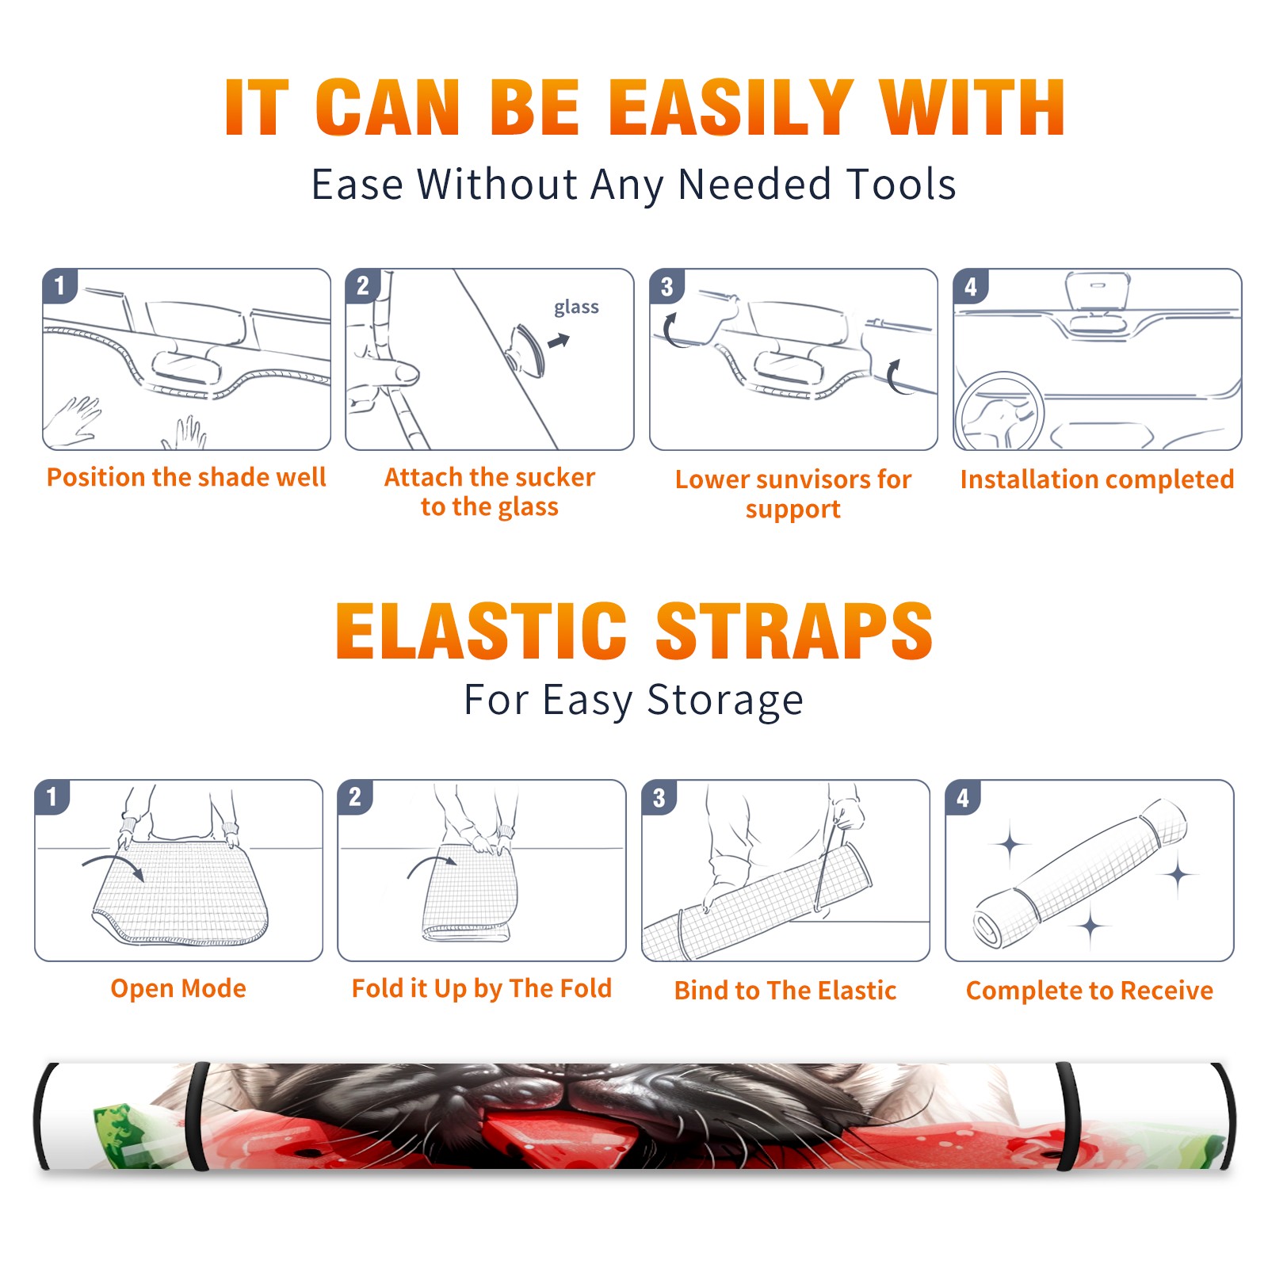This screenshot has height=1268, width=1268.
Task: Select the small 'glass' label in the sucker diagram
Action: (x=576, y=307)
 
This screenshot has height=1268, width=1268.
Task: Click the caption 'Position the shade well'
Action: (x=186, y=477)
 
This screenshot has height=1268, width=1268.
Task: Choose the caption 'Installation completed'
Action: (x=1097, y=479)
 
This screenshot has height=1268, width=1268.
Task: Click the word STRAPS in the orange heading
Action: (x=794, y=631)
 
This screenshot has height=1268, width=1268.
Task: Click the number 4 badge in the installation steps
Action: (x=971, y=286)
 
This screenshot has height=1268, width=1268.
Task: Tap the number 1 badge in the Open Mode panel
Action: (x=52, y=796)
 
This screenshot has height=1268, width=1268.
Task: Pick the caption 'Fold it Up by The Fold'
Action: (x=482, y=988)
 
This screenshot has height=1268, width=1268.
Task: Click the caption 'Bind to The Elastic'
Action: (x=785, y=991)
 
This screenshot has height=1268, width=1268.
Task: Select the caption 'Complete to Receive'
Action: (x=1090, y=991)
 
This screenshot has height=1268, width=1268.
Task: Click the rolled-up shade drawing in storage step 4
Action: (x=1081, y=873)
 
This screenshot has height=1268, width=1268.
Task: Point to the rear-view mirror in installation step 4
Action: (x=1098, y=290)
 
